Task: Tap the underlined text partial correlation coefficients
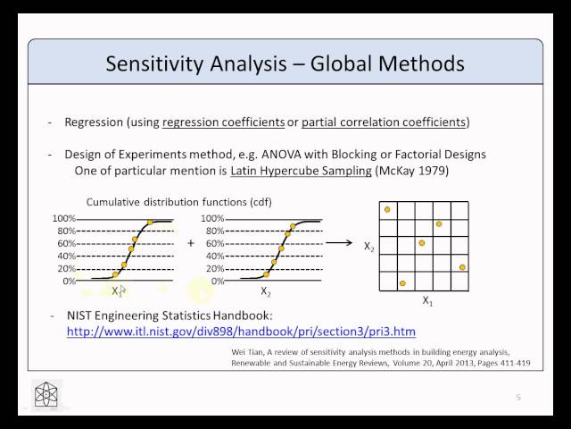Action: coord(383,122)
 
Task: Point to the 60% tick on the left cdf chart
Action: coord(64,243)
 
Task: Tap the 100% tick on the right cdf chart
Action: coord(213,219)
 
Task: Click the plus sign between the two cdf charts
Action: coord(190,243)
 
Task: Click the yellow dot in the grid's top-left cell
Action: coord(387,209)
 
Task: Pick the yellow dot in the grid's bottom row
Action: coord(403,283)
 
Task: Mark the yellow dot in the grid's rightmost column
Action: coord(462,267)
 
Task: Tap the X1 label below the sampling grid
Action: coord(427,303)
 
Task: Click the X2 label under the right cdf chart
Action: coord(266,291)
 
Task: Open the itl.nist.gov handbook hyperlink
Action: coord(242,332)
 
